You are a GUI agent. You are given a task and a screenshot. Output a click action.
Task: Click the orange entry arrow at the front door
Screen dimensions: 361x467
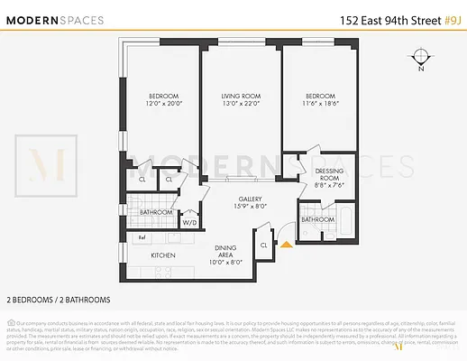coord(287,243)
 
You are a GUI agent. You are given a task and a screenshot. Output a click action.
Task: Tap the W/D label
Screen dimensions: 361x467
coord(190,221)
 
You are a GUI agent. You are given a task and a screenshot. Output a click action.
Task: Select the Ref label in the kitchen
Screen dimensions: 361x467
coord(142,237)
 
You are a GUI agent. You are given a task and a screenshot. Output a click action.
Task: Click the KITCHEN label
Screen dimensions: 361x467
coord(162,256)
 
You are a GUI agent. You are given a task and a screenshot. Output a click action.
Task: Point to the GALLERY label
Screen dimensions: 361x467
coord(251,199)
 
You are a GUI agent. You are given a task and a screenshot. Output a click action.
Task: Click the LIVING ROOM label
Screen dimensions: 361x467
coord(240,96)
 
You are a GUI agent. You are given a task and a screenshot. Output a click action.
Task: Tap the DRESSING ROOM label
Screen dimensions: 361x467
coord(327,174)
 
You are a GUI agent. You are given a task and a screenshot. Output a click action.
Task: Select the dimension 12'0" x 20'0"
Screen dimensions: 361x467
coord(163,104)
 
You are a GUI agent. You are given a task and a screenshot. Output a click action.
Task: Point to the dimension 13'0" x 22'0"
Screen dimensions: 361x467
coord(240,104)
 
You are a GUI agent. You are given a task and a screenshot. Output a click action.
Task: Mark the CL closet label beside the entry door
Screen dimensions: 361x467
coord(263,245)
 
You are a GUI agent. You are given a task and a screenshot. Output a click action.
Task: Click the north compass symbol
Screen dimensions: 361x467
coord(421,57)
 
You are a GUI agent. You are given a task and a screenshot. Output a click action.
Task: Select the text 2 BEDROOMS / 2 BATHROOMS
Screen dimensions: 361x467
coord(59,299)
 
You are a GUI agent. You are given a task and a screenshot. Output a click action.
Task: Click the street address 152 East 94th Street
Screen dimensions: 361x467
coord(385,18)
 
